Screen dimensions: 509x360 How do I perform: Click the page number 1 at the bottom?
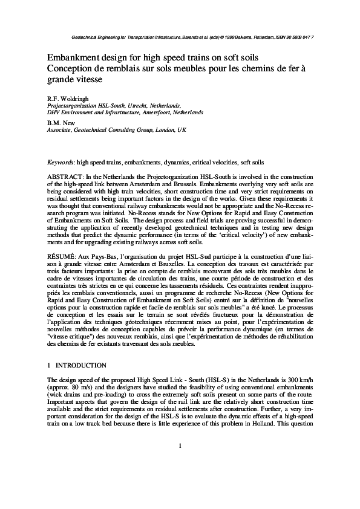[180, 480]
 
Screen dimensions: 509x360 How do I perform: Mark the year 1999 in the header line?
[226, 37]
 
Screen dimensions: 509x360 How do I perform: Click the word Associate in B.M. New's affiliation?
[59, 129]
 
